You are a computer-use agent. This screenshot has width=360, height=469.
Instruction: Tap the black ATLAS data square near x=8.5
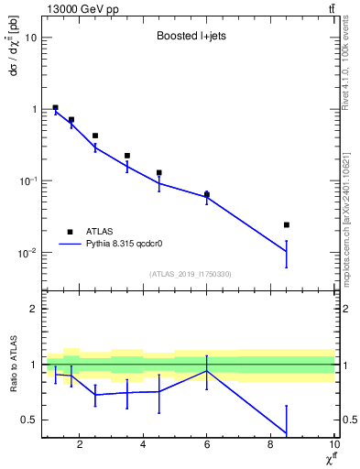point(287,224)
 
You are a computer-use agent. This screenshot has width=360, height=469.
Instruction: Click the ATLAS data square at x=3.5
point(127,156)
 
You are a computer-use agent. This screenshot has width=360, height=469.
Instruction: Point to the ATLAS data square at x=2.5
point(95,136)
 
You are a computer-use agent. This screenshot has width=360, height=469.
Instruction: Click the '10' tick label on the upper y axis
point(31,38)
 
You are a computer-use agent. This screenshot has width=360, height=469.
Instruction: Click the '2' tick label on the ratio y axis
point(33,309)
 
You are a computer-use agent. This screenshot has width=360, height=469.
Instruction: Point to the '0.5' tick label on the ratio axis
point(28,420)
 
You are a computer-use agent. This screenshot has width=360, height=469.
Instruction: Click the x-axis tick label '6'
point(207,445)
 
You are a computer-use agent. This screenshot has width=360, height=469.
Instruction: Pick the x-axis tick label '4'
point(143,445)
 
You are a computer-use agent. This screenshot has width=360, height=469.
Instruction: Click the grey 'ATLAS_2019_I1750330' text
point(191,274)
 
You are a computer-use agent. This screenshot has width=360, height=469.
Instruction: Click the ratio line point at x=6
point(207,371)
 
